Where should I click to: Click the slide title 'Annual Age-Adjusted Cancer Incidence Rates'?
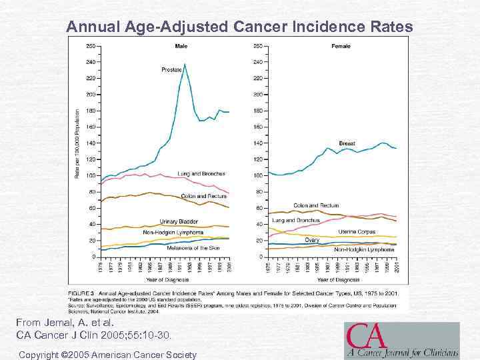tap(239, 27)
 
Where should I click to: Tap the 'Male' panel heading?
tap(181, 46)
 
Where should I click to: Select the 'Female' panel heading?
tap(341, 46)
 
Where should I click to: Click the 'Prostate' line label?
tap(172, 69)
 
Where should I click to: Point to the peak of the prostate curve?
tap(185, 64)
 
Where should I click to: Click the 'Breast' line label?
tap(347, 143)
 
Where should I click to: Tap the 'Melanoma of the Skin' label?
tap(184, 248)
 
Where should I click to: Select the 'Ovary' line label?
tap(313, 239)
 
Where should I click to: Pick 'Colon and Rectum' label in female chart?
tap(317, 205)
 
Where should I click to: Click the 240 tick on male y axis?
tap(91, 62)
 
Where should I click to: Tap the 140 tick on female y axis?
tap(257, 143)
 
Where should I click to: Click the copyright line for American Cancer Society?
tap(107, 355)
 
